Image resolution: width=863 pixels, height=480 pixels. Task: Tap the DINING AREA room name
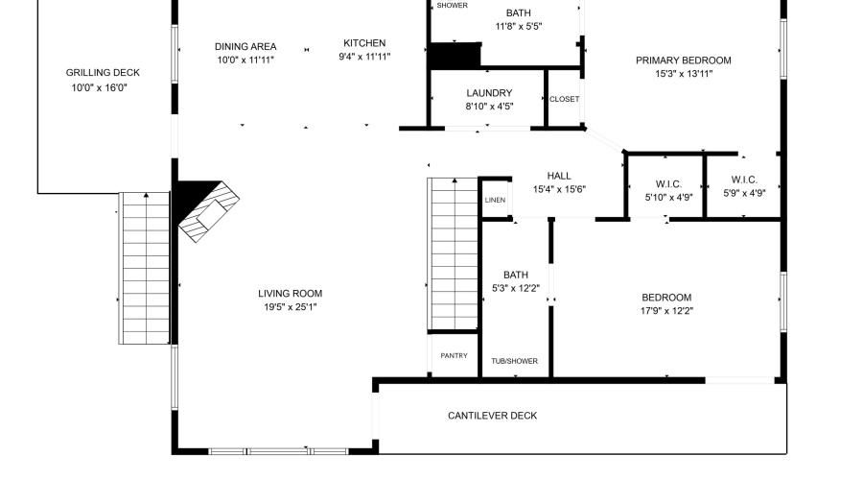pyautogui.click(x=245, y=46)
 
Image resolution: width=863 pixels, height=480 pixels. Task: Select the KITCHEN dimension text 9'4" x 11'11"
pyautogui.click(x=364, y=57)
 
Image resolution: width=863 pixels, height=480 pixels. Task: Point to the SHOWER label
pyautogui.click(x=453, y=6)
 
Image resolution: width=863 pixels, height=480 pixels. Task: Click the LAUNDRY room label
pyautogui.click(x=489, y=93)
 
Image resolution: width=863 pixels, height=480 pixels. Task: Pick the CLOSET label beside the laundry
pyautogui.click(x=564, y=99)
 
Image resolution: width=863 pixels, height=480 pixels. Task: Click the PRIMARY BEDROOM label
pyautogui.click(x=684, y=60)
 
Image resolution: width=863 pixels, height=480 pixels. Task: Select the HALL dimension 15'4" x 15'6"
pyautogui.click(x=559, y=189)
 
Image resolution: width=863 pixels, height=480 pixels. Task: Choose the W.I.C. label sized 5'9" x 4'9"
pyautogui.click(x=744, y=180)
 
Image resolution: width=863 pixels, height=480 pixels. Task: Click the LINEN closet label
pyautogui.click(x=495, y=201)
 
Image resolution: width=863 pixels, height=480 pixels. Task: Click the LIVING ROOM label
pyautogui.click(x=290, y=294)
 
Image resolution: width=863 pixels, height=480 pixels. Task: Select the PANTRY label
pyautogui.click(x=455, y=356)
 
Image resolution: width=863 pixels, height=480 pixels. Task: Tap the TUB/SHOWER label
pyautogui.click(x=515, y=361)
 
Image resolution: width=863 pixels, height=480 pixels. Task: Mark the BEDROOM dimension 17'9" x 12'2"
pyautogui.click(x=666, y=311)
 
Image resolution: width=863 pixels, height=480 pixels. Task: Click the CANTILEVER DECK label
pyautogui.click(x=492, y=416)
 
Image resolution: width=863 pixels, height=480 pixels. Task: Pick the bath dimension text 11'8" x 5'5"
pyautogui.click(x=519, y=26)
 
